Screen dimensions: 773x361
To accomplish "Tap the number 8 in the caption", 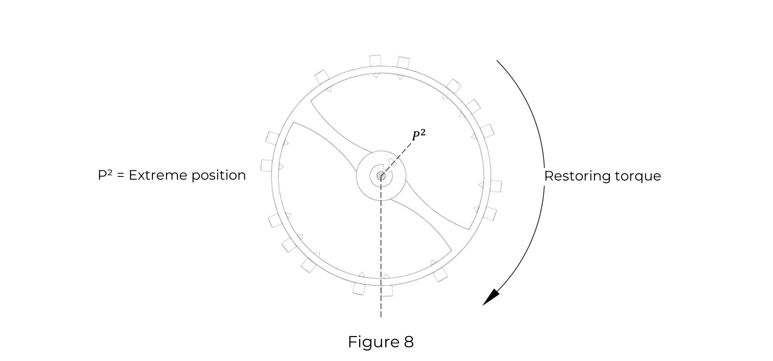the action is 408,342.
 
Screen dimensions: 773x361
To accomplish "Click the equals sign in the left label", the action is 120,176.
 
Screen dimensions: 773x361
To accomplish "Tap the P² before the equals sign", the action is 105,175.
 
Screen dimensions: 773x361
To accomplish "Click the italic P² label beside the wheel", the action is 418,135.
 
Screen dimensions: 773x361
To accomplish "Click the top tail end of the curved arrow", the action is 497,61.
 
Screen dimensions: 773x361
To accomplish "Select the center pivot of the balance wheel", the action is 381,176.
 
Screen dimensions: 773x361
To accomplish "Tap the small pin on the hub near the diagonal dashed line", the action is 391,162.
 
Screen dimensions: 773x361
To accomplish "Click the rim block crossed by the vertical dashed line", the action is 386,290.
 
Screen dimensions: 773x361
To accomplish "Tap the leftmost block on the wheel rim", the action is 267,165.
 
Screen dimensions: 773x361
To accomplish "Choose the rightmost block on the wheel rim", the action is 496,186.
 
